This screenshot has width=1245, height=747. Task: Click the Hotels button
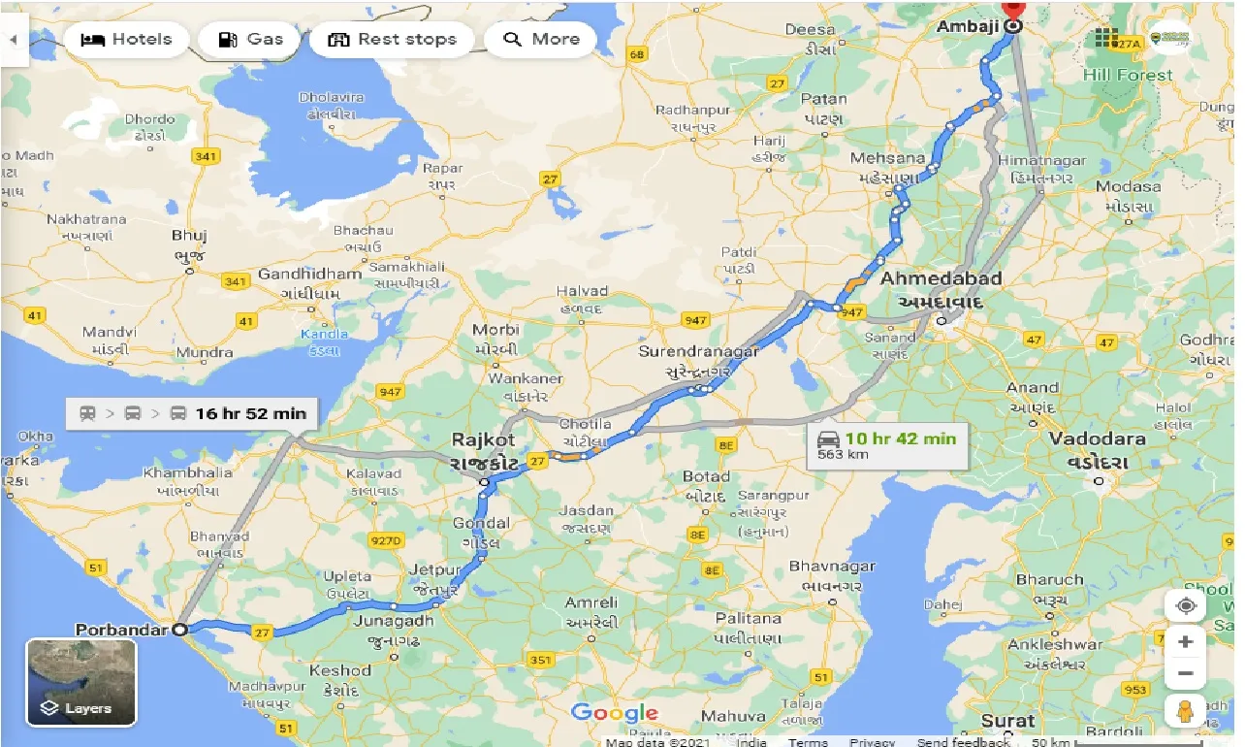point(127,40)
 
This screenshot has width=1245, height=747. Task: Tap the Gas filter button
point(251,40)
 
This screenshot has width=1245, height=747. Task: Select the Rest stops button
point(392,40)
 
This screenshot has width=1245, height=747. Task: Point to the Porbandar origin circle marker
point(179,630)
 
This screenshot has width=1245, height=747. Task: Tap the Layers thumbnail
point(81,682)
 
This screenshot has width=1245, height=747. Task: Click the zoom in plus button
point(1185,642)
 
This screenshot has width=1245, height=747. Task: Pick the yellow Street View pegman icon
point(1185,710)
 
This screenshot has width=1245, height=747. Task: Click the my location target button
point(1185,606)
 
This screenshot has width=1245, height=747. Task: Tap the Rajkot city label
point(484,439)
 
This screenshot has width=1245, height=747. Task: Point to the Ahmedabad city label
point(941,278)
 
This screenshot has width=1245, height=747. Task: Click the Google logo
point(615,713)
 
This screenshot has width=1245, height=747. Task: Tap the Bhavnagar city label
point(832,566)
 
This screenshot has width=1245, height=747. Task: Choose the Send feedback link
point(962,742)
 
